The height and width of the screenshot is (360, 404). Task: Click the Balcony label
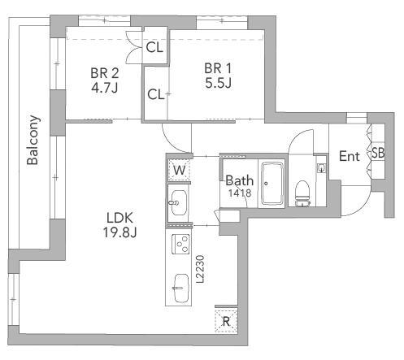click(33, 140)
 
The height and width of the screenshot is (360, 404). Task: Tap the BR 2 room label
click(105, 73)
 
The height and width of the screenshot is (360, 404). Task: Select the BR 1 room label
click(218, 68)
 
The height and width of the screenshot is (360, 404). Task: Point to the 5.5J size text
click(218, 83)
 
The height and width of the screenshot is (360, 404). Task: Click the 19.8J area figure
click(119, 232)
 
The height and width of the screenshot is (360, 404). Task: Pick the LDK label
click(119, 218)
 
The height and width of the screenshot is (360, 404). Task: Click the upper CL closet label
click(154, 48)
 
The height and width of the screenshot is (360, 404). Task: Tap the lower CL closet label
click(156, 94)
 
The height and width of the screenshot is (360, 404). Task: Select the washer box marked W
click(179, 170)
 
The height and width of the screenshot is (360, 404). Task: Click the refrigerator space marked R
click(226, 322)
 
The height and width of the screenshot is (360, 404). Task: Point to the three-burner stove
click(181, 244)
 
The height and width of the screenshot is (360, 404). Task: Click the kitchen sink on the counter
click(181, 288)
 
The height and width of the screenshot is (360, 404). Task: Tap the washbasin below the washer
click(179, 202)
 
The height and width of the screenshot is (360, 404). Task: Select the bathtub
click(272, 184)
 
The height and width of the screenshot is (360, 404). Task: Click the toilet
click(302, 193)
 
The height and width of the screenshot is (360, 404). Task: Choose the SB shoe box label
click(378, 153)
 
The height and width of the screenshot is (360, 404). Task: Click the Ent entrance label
click(350, 156)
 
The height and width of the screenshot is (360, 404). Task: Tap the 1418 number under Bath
click(240, 193)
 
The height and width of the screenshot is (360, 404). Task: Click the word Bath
click(240, 180)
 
